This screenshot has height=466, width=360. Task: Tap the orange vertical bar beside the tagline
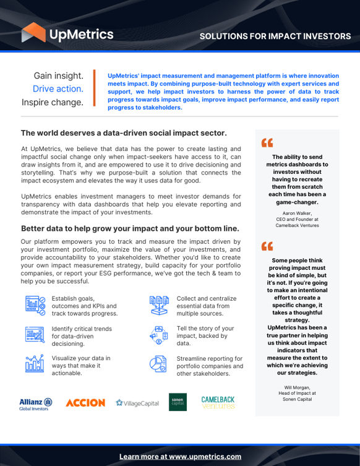click(x=95, y=88)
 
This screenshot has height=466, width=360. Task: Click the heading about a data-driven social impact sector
click(x=124, y=132)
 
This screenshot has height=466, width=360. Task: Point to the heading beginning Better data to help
click(x=130, y=228)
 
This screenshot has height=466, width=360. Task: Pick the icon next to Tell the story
click(x=159, y=335)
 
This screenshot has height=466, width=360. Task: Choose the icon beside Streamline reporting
click(x=159, y=365)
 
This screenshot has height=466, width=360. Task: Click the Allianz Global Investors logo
click(x=35, y=403)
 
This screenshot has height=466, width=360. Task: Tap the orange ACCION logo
click(x=85, y=403)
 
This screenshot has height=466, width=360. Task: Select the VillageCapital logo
click(x=137, y=403)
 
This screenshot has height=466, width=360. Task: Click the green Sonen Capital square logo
click(x=178, y=402)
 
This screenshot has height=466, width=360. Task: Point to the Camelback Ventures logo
click(x=218, y=402)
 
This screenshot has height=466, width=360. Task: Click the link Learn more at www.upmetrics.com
click(x=180, y=456)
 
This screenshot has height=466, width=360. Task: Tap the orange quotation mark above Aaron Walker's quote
click(x=267, y=144)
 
